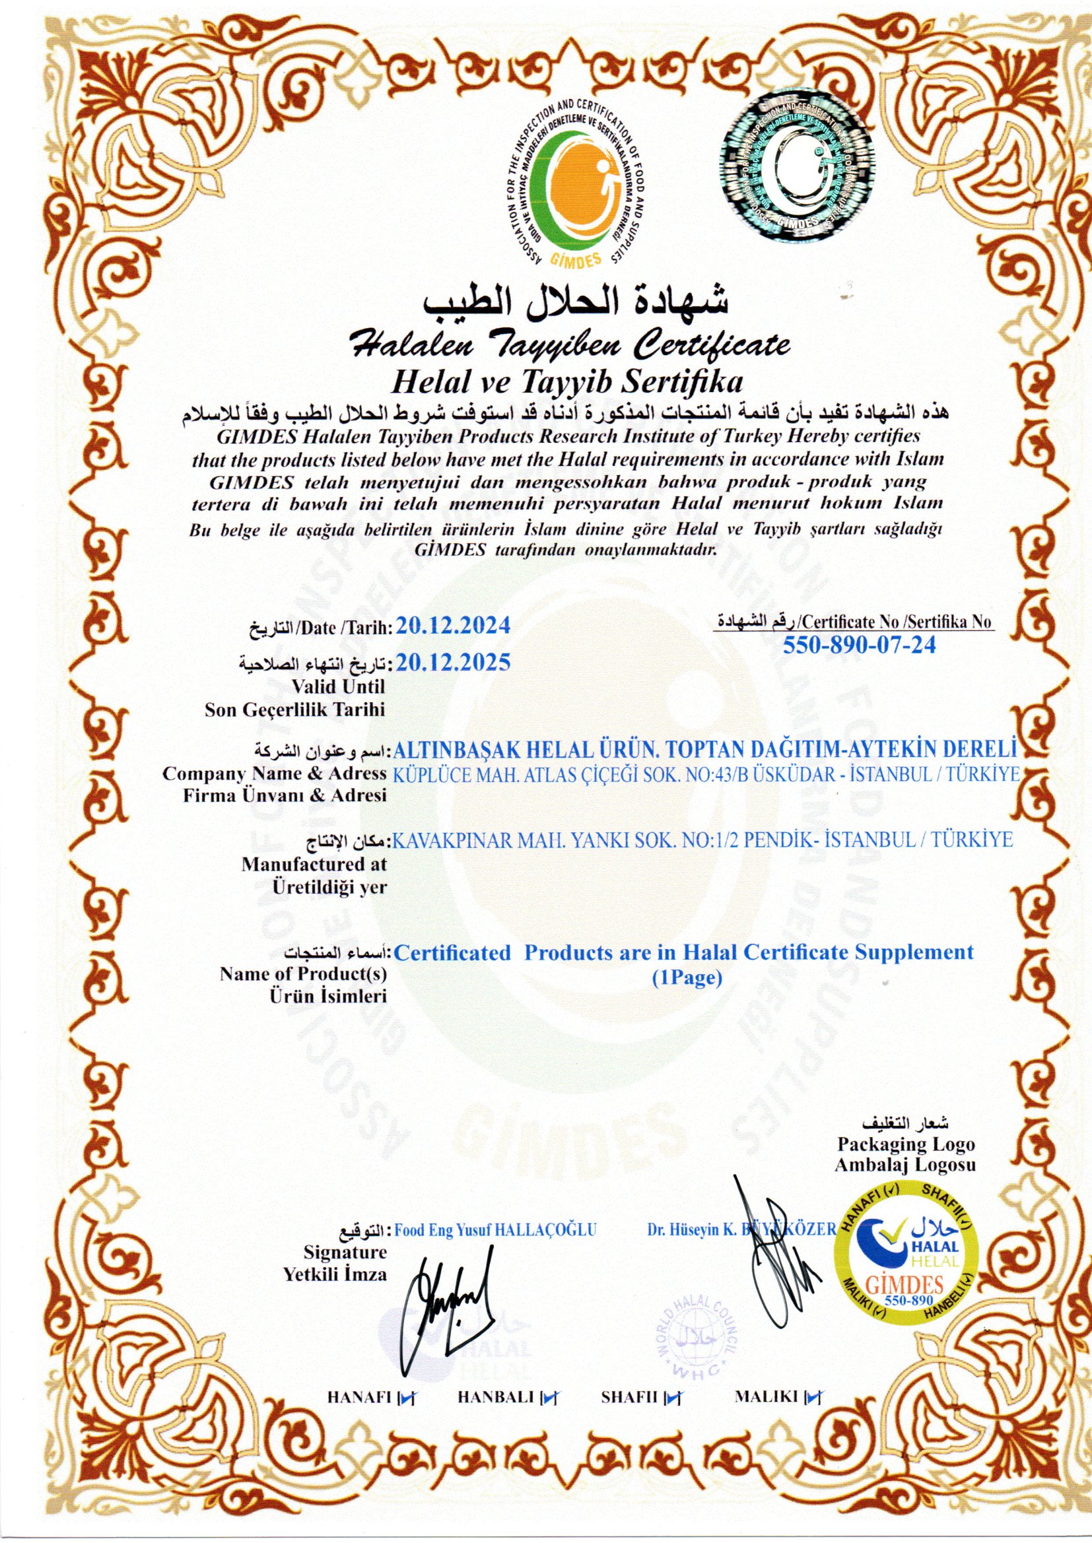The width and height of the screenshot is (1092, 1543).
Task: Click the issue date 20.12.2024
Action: click(453, 626)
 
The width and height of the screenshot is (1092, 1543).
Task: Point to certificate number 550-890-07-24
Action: click(860, 645)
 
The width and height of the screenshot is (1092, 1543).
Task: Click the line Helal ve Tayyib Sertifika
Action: click(566, 381)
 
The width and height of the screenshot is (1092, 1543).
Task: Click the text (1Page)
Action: click(687, 979)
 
